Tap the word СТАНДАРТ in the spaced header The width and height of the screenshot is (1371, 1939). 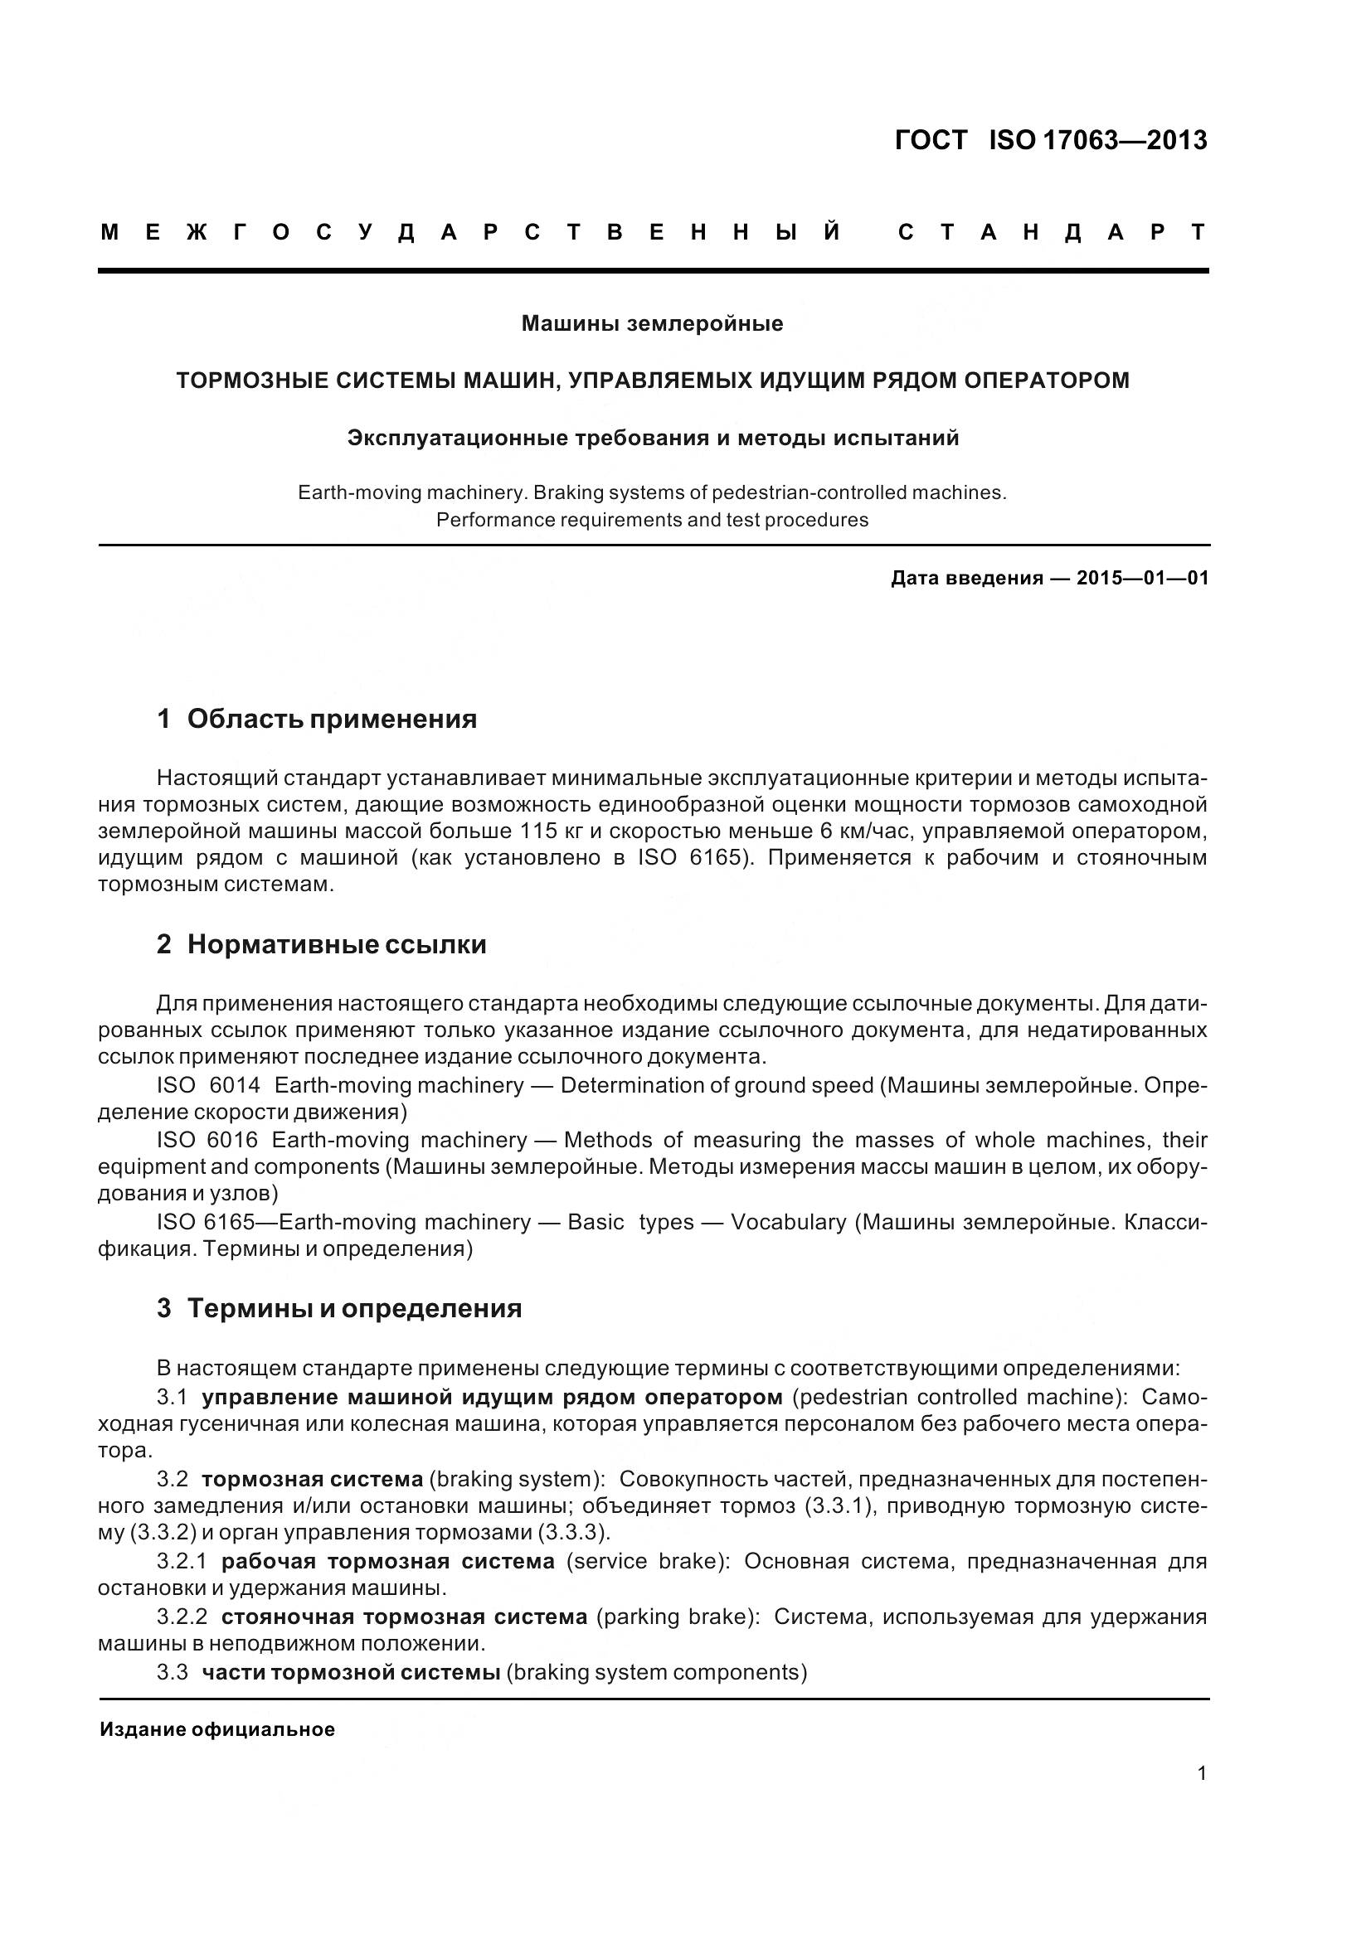[x=1051, y=232]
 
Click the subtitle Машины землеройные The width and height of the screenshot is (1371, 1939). [x=651, y=323]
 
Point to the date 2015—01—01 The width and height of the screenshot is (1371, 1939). [x=1142, y=578]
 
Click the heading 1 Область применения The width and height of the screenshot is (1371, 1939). [x=317, y=719]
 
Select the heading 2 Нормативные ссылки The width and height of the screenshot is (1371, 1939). [x=321, y=943]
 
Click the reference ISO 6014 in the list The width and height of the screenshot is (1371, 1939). [x=208, y=1085]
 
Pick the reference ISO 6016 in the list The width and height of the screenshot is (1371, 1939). [x=207, y=1140]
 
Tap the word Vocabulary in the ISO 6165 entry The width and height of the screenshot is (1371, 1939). [x=787, y=1222]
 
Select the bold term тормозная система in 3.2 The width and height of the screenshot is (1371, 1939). [x=312, y=1479]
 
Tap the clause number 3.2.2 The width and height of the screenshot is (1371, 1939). [x=182, y=1617]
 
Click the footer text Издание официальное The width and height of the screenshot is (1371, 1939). [x=217, y=1728]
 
